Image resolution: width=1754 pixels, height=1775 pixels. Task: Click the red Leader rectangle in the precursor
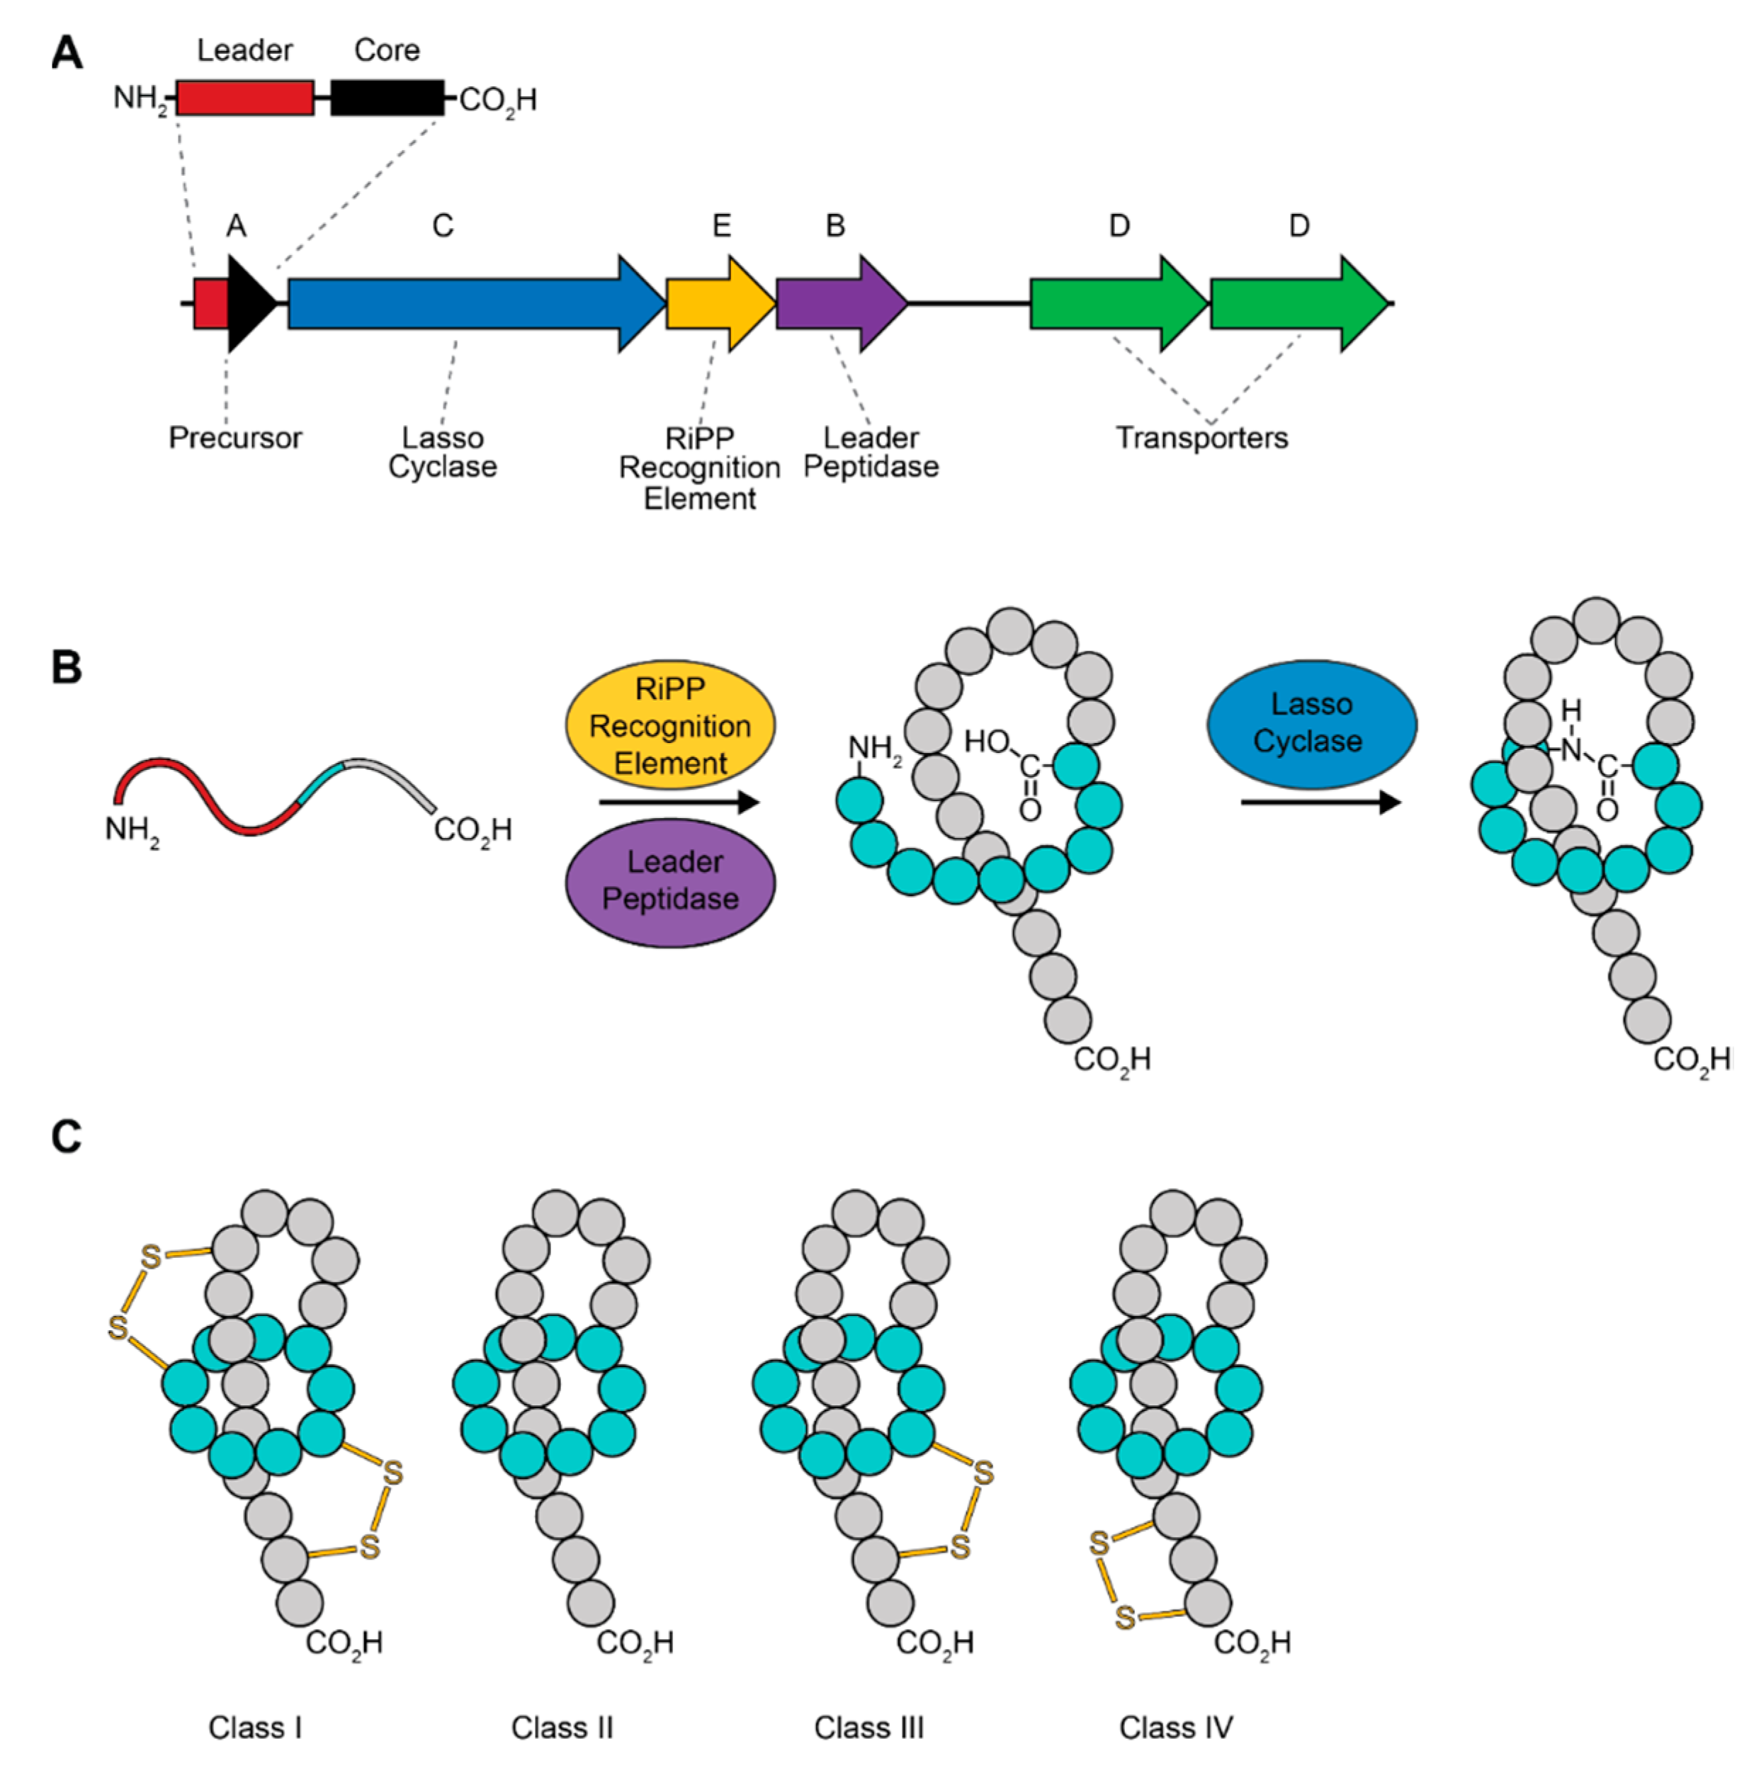point(244,97)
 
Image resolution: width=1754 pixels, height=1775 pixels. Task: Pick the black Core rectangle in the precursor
point(387,97)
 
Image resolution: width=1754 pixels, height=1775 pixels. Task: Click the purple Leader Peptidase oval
point(670,880)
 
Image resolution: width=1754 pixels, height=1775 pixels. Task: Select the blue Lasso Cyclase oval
point(1311,723)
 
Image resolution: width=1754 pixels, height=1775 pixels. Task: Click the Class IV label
point(1175,1728)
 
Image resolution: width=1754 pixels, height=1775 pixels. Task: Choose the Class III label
point(868,1728)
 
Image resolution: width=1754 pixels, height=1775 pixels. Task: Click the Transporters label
point(1201,437)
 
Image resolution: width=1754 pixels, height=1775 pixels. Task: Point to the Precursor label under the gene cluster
point(235,437)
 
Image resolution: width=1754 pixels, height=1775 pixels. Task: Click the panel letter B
point(66,668)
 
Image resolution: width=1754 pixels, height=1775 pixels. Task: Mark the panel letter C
point(66,1137)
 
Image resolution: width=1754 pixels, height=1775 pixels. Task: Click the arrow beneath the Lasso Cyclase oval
point(1320,802)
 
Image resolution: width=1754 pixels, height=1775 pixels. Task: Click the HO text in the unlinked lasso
point(986,740)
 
